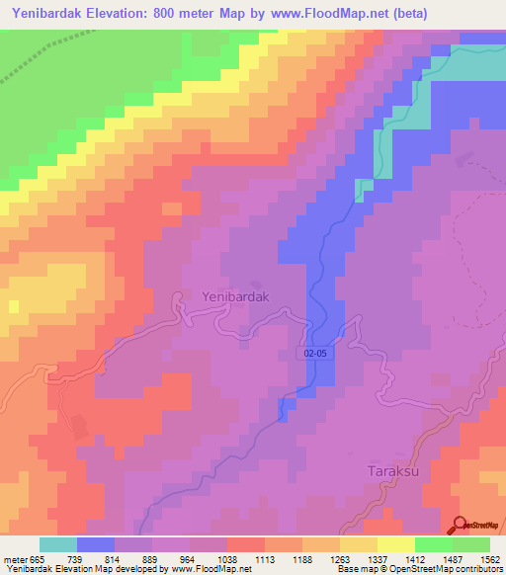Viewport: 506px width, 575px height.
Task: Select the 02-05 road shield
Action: pos(314,353)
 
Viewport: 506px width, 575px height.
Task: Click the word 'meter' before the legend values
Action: pos(15,559)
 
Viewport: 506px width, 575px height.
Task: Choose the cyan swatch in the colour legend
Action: pos(58,544)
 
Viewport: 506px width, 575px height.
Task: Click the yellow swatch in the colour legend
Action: pos(395,544)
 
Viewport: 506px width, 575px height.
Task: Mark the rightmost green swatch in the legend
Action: pos(470,544)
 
